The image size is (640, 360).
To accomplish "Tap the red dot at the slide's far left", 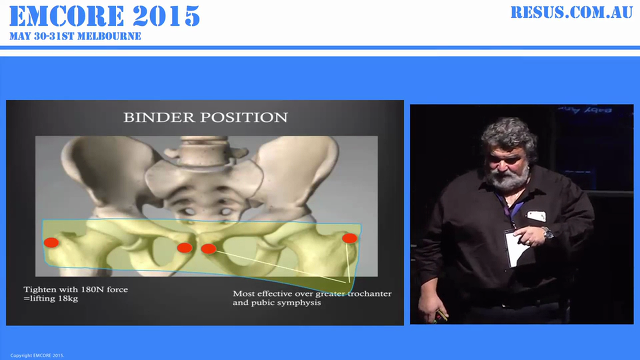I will pos(51,242).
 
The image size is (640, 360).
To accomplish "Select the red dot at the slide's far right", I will pos(349,238).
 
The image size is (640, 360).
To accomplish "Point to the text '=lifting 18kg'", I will pos(50,298).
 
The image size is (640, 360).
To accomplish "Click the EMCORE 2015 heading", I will pos(104,16).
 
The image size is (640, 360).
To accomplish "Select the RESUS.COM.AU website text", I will pos(571,12).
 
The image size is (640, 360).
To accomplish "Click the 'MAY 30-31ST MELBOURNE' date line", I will pos(75,36).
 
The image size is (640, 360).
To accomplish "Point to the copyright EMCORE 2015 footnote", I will pos(37,355).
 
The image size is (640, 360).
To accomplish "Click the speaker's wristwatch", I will pos(547,232).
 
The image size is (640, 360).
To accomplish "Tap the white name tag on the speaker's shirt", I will pos(536,216).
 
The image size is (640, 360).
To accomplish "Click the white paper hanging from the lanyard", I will pos(515,249).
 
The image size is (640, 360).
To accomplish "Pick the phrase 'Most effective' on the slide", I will pos(258,293).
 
